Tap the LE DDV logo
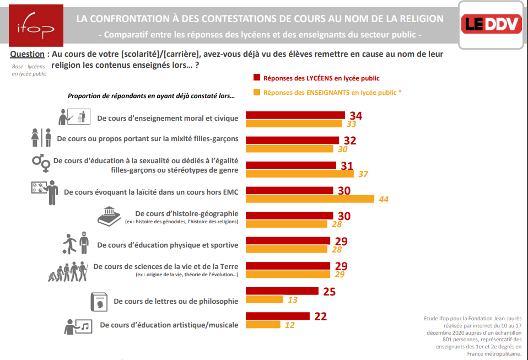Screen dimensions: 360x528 tap(492, 25)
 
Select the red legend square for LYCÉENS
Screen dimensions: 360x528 tap(256, 78)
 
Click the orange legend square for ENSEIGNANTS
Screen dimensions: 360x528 tap(256, 93)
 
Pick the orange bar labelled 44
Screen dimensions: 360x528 tap(310, 198)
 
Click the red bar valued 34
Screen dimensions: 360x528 tap(295, 115)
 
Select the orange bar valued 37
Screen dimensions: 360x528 tap(299, 174)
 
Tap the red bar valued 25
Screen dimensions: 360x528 tap(282, 291)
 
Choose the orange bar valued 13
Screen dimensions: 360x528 tap(264, 299)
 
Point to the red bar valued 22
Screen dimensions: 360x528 tap(277, 316)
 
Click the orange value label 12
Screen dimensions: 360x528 tap(289, 325)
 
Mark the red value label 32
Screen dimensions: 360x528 tap(350, 141)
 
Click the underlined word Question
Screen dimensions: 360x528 tap(27, 54)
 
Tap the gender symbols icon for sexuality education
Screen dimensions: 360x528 tap(40, 163)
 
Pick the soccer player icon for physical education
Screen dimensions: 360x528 tap(76, 243)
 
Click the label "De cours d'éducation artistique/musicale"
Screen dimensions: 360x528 tap(169, 325)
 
